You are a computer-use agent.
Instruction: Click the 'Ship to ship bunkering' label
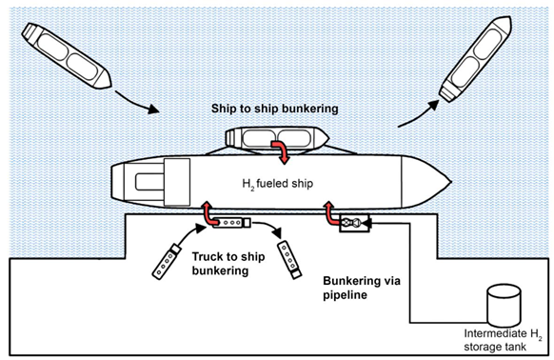274,109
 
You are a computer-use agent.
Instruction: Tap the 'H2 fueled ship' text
277,184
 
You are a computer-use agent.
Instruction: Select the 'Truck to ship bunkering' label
228,264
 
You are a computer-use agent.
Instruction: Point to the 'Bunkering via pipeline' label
362,288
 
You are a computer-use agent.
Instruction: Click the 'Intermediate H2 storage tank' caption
503,340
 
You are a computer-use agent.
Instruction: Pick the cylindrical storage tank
504,306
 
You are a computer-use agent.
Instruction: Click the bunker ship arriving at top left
67,55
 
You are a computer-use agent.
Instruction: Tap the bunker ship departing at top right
475,59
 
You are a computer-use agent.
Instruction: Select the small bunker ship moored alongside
277,139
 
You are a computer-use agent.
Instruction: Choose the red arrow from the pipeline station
330,214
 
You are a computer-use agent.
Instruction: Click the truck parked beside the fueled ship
231,223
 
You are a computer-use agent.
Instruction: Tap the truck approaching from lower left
167,261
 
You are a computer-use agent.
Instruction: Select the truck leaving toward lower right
289,260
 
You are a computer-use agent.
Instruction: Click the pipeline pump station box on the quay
354,223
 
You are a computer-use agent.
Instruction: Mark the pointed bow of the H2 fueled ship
451,182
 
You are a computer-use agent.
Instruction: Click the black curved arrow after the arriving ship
137,102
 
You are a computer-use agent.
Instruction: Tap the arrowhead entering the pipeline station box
366,223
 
